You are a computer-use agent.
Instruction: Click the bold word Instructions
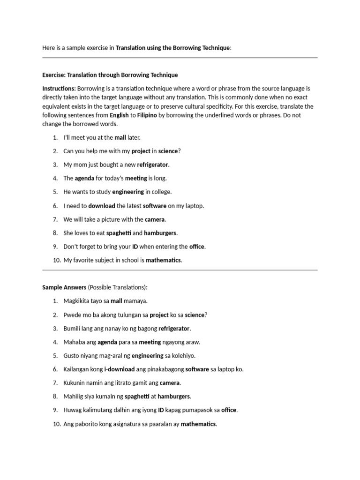click(x=59, y=89)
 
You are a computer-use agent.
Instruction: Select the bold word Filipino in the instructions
click(x=147, y=115)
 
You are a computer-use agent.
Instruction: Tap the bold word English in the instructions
click(x=119, y=115)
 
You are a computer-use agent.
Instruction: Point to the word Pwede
click(x=72, y=315)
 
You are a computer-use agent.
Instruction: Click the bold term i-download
click(x=119, y=369)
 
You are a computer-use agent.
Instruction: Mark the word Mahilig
click(x=74, y=397)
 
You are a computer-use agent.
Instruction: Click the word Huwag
click(x=73, y=410)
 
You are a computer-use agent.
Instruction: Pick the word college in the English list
click(x=162, y=192)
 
